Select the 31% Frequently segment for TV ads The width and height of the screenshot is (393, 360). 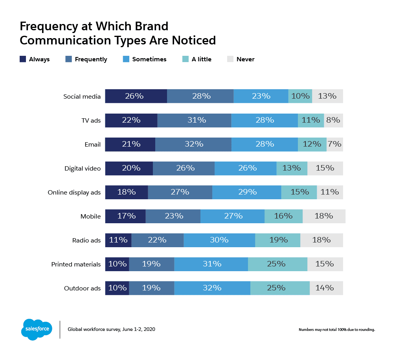click(x=194, y=120)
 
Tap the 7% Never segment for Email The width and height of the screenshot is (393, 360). click(x=334, y=144)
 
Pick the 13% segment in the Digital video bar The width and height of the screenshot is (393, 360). click(x=292, y=168)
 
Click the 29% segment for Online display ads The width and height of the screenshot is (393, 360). click(x=247, y=192)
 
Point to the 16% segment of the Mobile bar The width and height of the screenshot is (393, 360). click(x=283, y=216)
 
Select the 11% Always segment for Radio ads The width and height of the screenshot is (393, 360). click(x=118, y=240)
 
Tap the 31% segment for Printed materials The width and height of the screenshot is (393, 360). click(x=211, y=264)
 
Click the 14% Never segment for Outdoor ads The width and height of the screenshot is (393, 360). click(x=326, y=288)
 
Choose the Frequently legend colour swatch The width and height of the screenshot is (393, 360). click(x=68, y=59)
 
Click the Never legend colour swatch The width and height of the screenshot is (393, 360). click(x=230, y=59)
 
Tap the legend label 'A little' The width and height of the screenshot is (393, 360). click(x=201, y=59)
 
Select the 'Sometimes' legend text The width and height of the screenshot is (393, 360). click(x=149, y=59)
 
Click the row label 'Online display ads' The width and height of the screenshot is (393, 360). click(x=74, y=193)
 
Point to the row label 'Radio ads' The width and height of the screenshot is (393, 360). click(x=86, y=240)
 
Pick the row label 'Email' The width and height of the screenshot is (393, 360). click(x=93, y=145)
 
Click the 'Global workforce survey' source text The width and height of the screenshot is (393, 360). click(x=111, y=329)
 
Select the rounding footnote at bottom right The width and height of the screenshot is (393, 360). click(x=336, y=329)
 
